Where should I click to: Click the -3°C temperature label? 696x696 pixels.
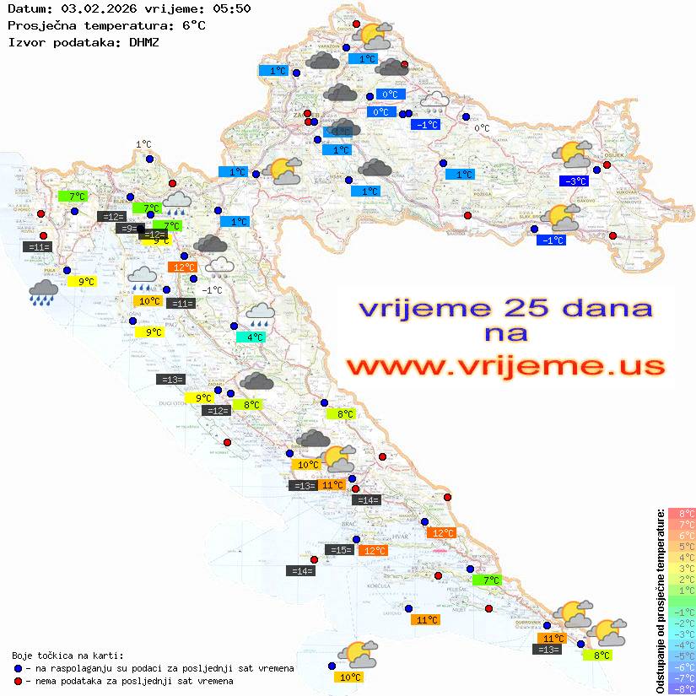coord(574,181)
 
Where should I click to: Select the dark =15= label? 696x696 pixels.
coord(339,550)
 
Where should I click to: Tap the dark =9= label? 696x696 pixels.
coord(128,229)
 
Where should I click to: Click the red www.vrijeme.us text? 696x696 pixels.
coord(505,366)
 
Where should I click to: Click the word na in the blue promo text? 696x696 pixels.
coord(505,334)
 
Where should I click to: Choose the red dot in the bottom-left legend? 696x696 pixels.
coord(19,680)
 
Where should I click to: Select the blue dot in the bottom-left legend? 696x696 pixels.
coord(19,668)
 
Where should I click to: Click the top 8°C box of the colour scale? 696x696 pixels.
coord(682,513)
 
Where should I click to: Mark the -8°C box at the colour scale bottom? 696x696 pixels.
coord(682,688)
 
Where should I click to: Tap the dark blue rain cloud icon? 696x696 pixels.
coord(43,292)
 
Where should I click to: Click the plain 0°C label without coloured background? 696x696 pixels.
coord(481,128)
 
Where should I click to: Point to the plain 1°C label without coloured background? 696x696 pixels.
coord(143,144)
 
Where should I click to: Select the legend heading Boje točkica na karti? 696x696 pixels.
coord(67,656)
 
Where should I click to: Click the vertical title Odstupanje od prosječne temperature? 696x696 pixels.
coord(661,601)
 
